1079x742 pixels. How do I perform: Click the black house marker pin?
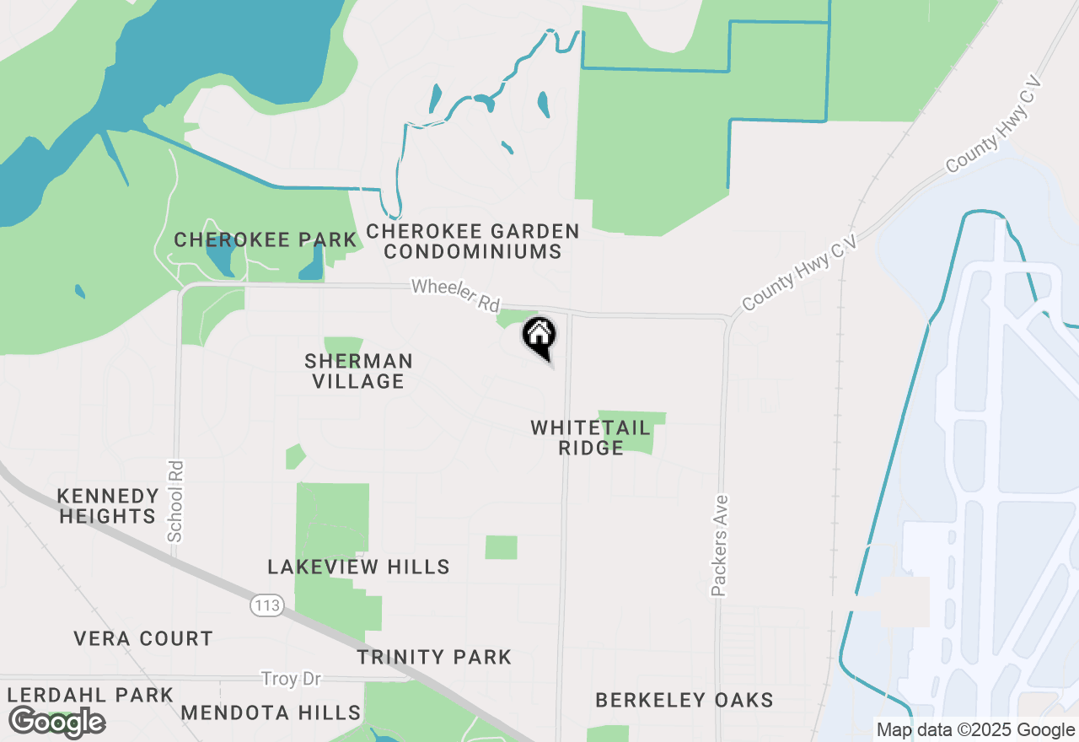pos(539,337)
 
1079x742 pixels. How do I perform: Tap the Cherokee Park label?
pos(266,240)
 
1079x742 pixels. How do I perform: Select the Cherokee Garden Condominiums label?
pos(473,241)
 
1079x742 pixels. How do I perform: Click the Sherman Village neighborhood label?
pos(359,372)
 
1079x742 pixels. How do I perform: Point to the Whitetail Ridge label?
pos(590,438)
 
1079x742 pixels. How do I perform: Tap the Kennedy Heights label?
pos(108,506)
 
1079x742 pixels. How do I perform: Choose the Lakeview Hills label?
pos(358,567)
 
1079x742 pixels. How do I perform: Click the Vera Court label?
pos(143,638)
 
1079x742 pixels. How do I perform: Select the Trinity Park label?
pos(434,657)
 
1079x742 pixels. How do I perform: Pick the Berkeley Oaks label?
pos(684,700)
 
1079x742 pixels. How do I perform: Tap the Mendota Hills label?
pos(271,712)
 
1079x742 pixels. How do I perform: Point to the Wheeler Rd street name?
pos(455,296)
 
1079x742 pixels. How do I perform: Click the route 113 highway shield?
pos(266,605)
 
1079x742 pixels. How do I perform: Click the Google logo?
pos(56,723)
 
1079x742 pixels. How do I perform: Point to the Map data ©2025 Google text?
pos(975,730)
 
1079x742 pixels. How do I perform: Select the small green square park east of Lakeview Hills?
pos(501,547)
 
